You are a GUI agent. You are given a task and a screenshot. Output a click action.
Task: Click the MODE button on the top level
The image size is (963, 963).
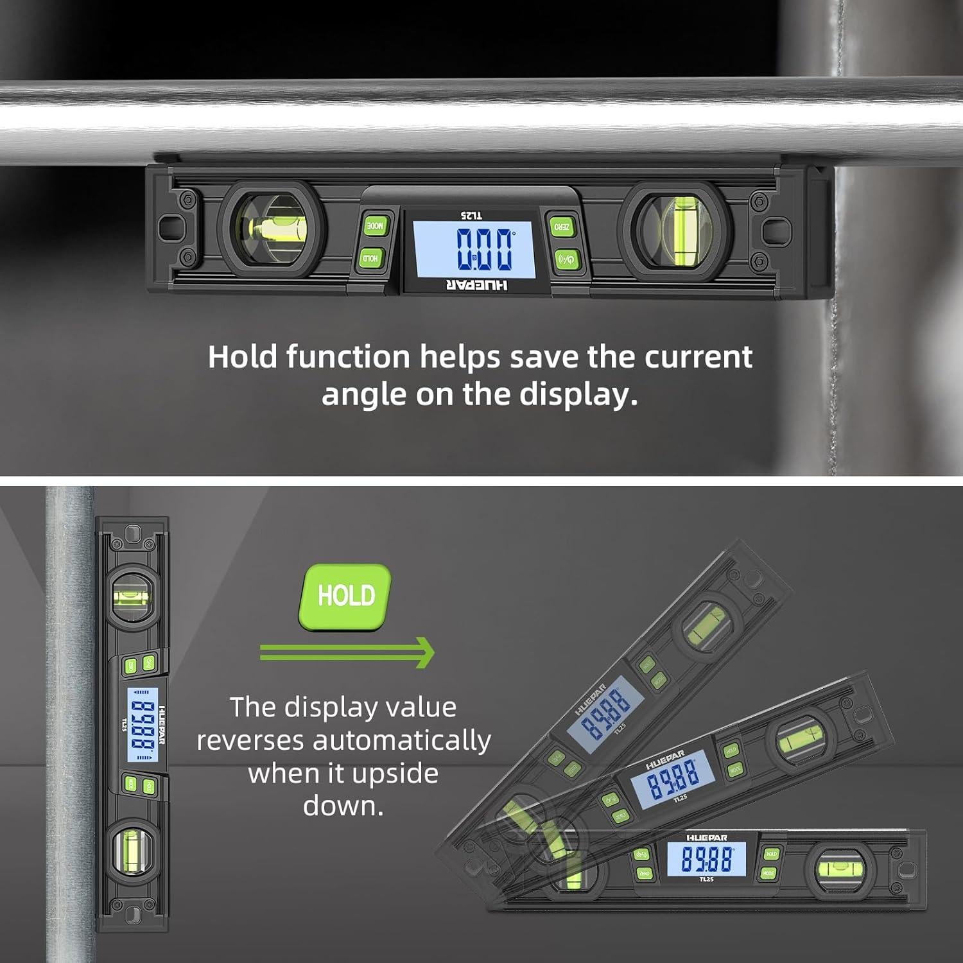pyautogui.click(x=375, y=225)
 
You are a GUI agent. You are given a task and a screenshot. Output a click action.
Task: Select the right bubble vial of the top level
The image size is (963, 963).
pyautogui.click(x=675, y=230)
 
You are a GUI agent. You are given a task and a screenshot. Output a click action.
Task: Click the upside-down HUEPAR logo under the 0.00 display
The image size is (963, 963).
pyautogui.click(x=476, y=285)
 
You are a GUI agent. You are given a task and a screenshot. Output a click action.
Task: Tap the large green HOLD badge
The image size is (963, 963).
pyautogui.click(x=345, y=596)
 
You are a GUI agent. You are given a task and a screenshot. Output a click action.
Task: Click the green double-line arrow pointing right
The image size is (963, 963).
pyautogui.click(x=347, y=652)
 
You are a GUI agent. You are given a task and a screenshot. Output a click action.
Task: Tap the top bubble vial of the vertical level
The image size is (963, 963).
pyautogui.click(x=132, y=596)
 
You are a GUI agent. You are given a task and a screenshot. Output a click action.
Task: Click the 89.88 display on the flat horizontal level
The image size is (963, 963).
pyautogui.click(x=706, y=859)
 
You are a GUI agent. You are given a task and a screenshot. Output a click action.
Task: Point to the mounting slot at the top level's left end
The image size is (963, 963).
pyautogui.click(x=170, y=227)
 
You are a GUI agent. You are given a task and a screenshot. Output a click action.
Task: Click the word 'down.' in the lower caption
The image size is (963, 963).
pyautogui.click(x=343, y=806)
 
